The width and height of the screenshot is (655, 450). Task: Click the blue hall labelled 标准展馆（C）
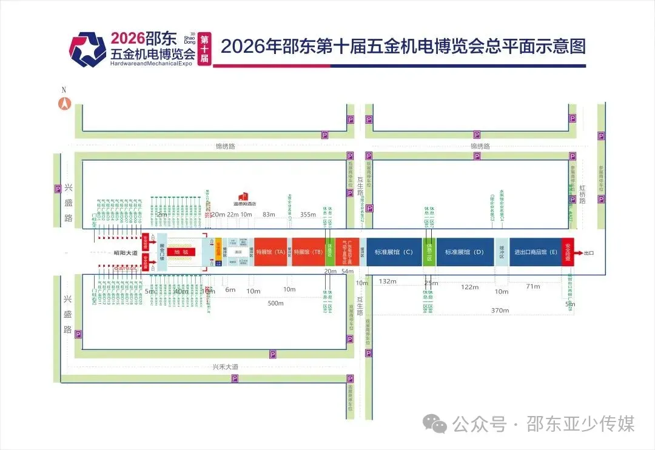tap(394, 252)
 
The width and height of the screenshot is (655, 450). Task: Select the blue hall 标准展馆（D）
tap(465, 252)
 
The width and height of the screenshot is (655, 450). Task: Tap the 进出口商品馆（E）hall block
tap(535, 252)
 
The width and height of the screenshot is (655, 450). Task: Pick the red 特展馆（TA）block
tap(271, 252)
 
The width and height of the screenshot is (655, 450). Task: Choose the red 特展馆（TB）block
tap(309, 252)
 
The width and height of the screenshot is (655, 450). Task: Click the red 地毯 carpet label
tap(181, 252)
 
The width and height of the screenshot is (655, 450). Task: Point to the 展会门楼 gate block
tap(162, 252)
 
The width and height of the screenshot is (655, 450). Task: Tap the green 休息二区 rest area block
tap(429, 252)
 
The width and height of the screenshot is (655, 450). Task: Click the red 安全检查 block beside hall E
tap(568, 252)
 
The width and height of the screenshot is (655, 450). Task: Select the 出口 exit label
tap(589, 252)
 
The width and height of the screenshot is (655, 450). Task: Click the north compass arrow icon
tap(63, 103)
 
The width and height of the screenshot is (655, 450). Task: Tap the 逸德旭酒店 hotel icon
tap(244, 196)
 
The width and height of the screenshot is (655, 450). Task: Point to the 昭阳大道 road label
tap(127, 252)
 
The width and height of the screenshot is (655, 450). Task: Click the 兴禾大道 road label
tap(226, 366)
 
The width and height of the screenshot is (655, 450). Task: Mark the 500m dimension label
tap(276, 303)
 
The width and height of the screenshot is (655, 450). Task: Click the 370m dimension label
tap(500, 310)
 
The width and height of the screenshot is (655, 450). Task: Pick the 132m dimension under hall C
tap(386, 281)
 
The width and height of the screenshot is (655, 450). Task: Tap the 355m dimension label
tap(308, 214)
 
